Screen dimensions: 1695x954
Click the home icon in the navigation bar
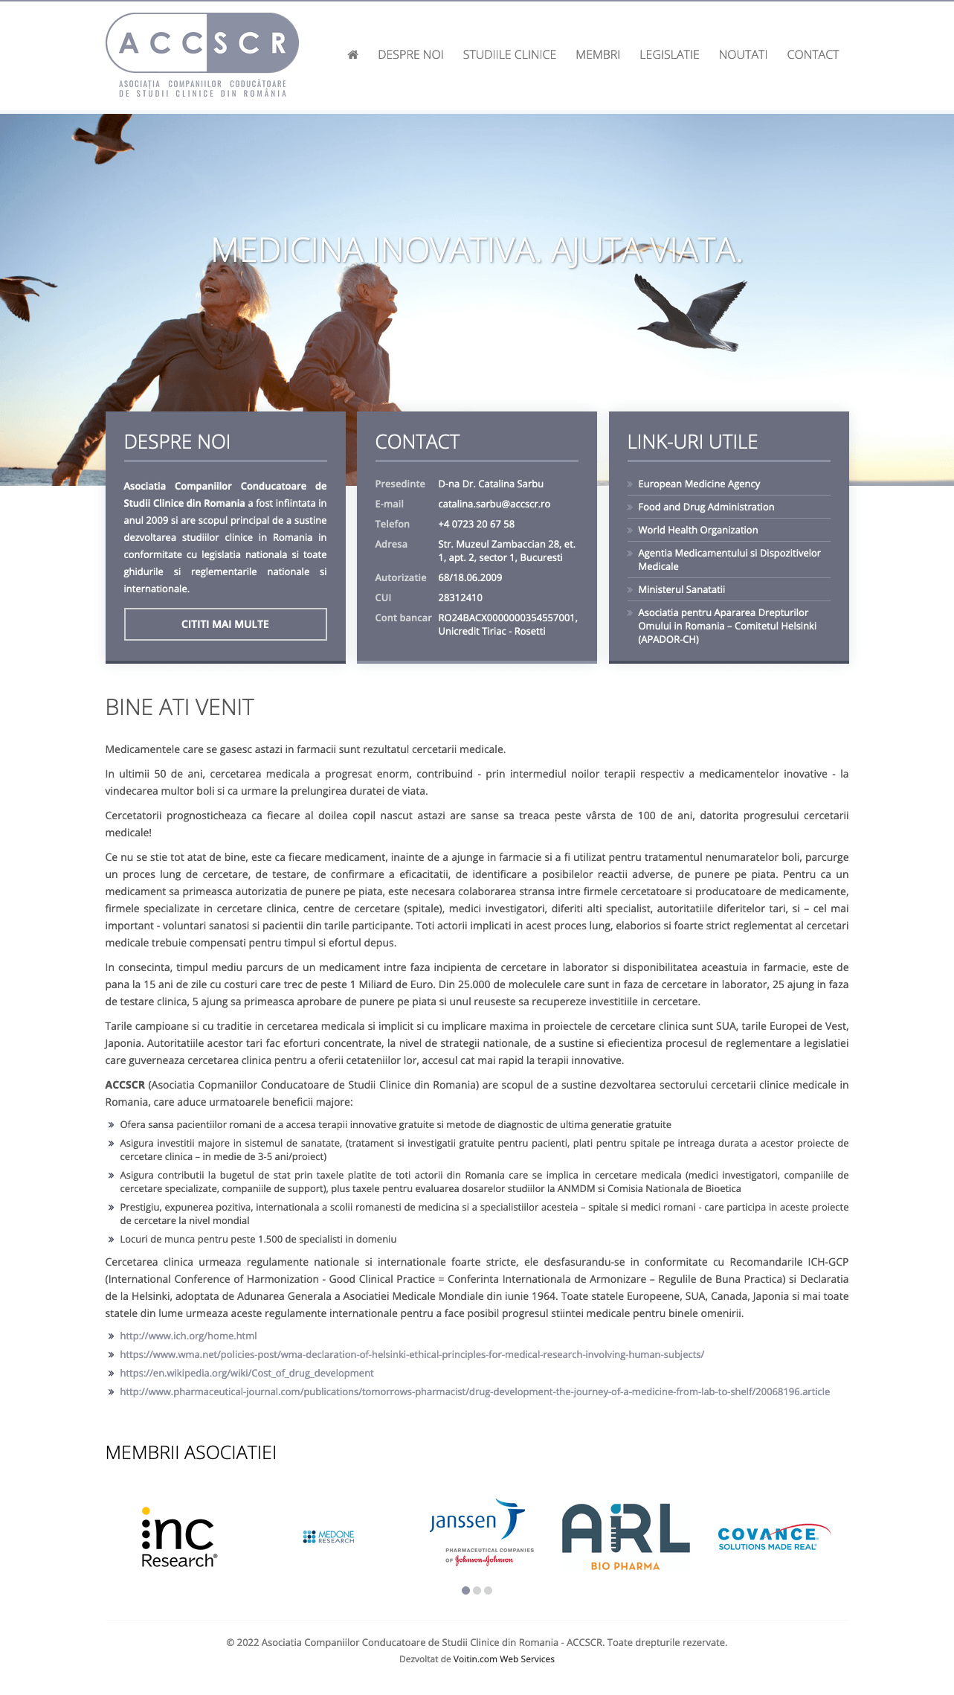pos(353,54)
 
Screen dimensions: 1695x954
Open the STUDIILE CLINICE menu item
pos(509,54)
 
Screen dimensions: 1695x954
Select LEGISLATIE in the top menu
pos(669,54)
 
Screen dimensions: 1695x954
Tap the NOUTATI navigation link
pos(743,54)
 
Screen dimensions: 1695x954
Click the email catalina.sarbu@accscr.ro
pos(494,504)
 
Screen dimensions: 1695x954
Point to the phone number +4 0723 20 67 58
pos(476,524)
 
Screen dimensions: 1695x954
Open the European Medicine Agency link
pos(698,484)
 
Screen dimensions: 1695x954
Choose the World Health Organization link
pos(697,530)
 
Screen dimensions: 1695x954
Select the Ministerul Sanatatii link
pos(681,589)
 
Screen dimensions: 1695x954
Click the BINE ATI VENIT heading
pos(180,707)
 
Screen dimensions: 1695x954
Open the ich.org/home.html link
pos(188,1336)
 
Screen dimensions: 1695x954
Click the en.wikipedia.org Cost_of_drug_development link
pos(246,1373)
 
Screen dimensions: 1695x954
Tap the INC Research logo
pos(178,1537)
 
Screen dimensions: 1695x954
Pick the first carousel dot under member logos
pos(465,1590)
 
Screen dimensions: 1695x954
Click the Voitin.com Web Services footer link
pos(503,1659)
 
